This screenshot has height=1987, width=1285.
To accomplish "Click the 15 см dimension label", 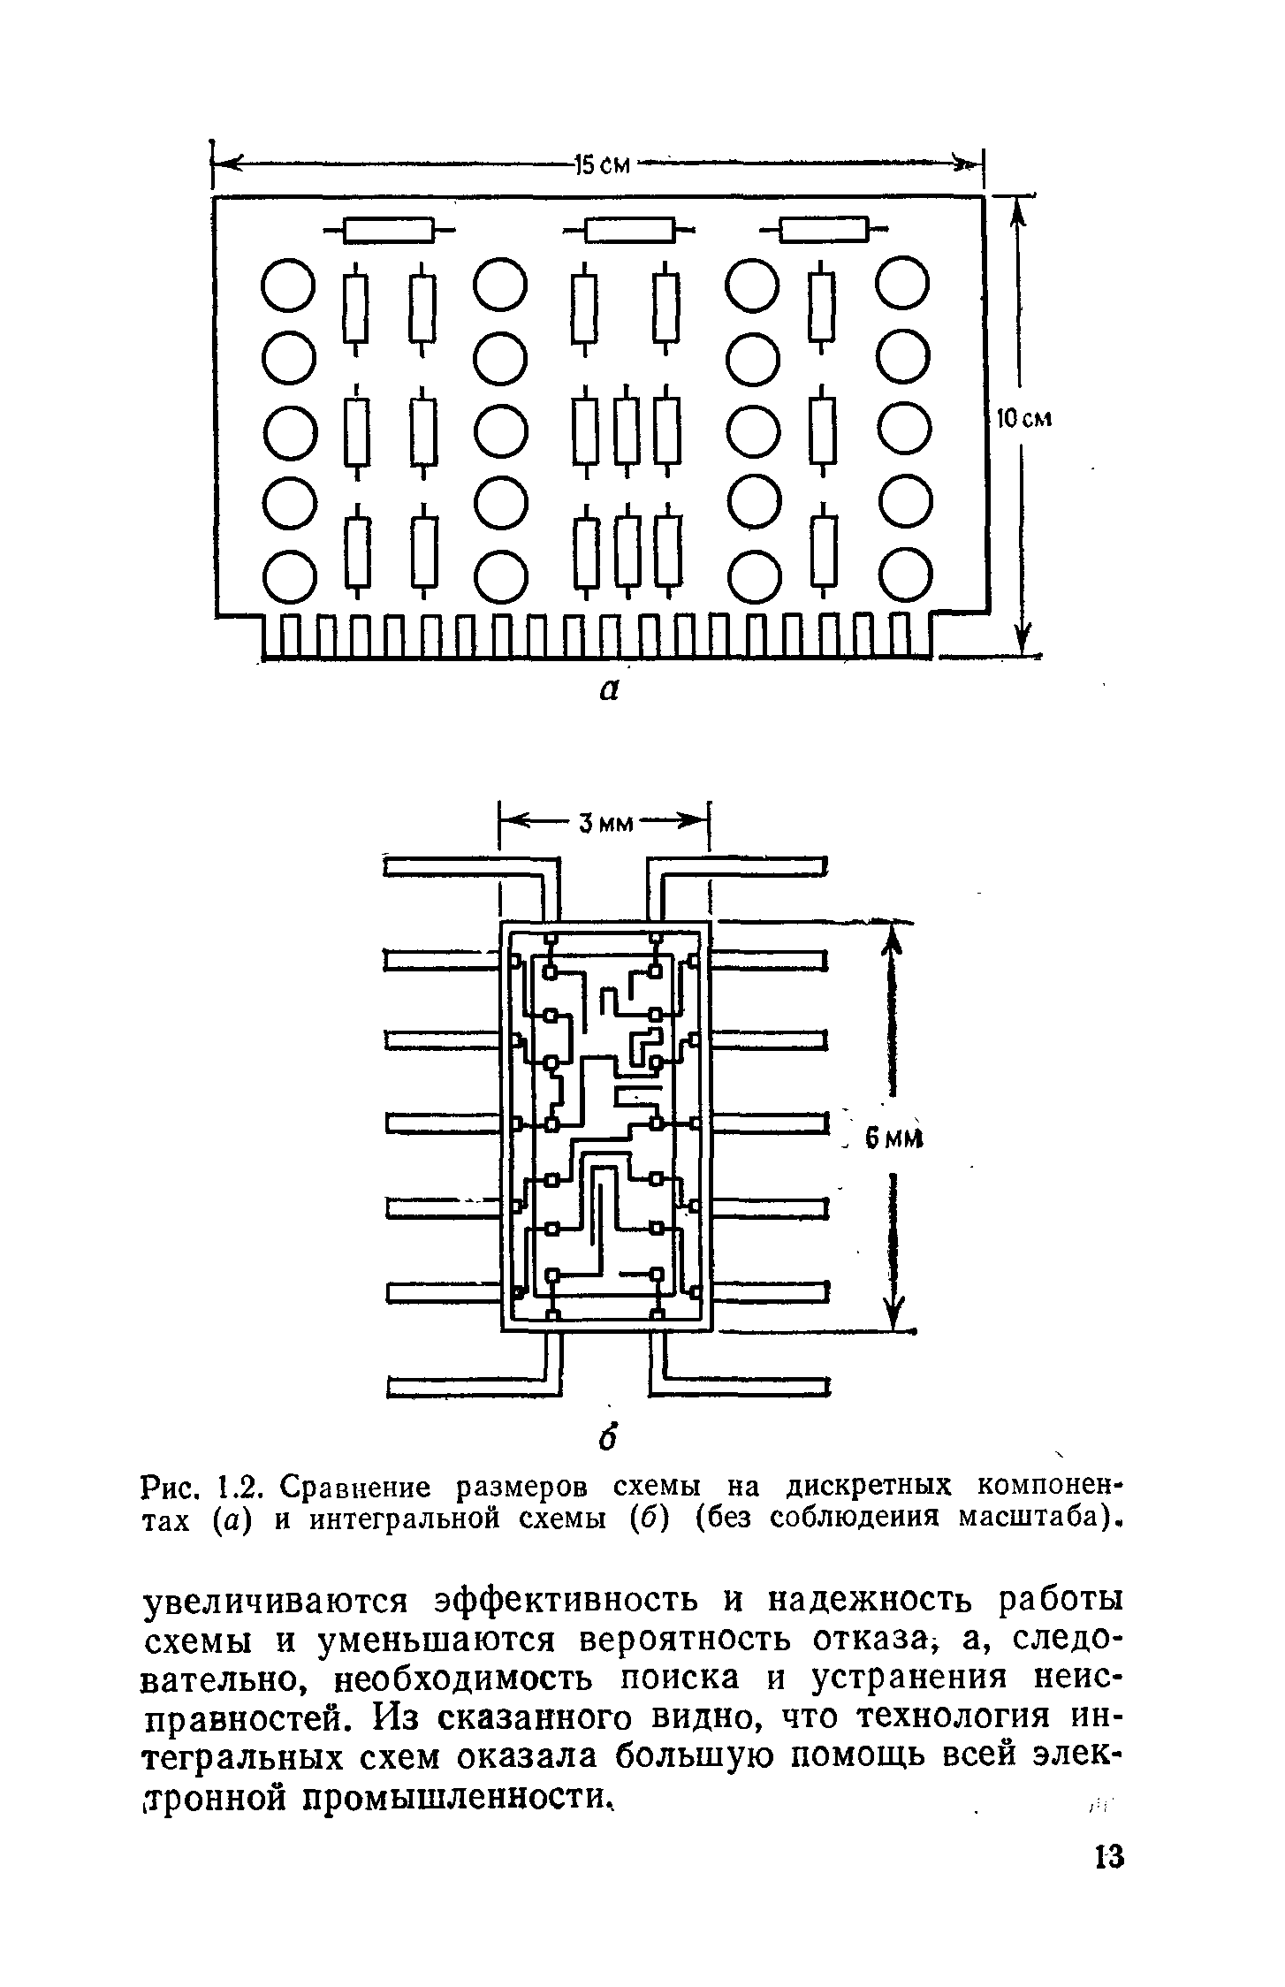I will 602,164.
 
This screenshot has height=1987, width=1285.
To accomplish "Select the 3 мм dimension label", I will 607,824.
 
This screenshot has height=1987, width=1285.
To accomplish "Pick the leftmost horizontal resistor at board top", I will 389,230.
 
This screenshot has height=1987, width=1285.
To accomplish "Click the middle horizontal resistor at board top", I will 629,230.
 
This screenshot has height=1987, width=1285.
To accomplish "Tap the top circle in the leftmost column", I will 288,285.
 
